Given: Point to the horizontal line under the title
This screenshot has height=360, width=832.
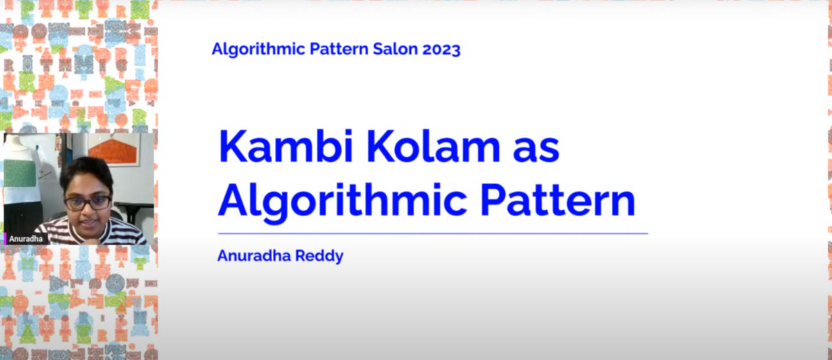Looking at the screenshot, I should coord(433,234).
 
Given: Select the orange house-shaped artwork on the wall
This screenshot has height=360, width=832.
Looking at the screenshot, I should coord(114,149).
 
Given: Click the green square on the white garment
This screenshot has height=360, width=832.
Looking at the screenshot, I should coord(19,173).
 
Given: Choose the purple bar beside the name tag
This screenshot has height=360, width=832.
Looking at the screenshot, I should coord(5,239).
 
